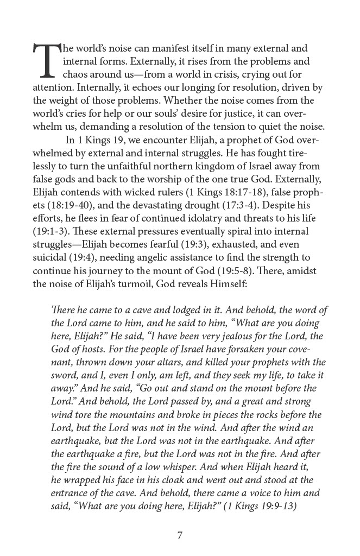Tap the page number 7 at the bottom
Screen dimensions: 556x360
pyautogui.click(x=180, y=535)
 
